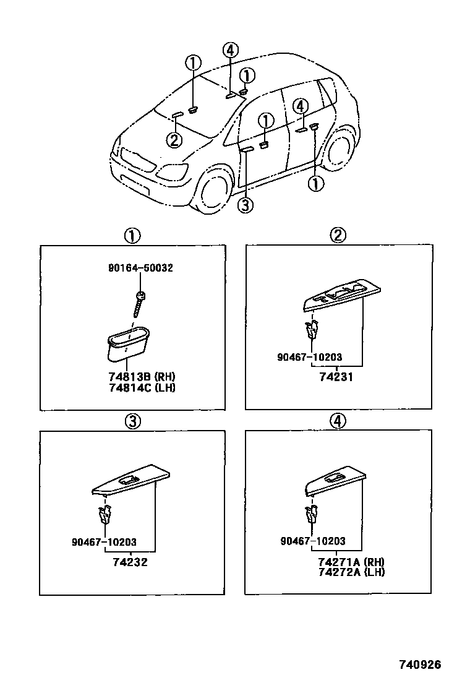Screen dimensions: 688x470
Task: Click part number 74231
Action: pyautogui.click(x=337, y=377)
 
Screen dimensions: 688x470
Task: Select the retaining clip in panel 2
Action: pyautogui.click(x=312, y=330)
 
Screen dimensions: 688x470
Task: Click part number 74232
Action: pyautogui.click(x=130, y=562)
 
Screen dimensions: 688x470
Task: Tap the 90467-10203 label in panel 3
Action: pyautogui.click(x=104, y=543)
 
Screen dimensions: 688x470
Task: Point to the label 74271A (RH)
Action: pyautogui.click(x=351, y=562)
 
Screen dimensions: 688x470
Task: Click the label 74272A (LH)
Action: pyautogui.click(x=351, y=572)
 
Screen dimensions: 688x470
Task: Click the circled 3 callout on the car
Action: pyautogui.click(x=246, y=205)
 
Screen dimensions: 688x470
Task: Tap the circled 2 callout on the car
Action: pyautogui.click(x=174, y=140)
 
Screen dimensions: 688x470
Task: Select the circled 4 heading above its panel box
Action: pyautogui.click(x=338, y=421)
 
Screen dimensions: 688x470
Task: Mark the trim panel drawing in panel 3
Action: pyautogui.click(x=131, y=480)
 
